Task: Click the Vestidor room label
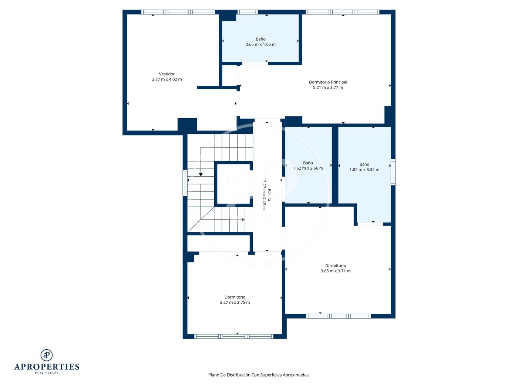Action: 166,74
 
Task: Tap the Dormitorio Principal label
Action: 328,82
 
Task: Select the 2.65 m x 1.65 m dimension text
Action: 260,44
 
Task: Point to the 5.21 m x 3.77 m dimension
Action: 328,88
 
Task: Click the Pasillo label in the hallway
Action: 269,195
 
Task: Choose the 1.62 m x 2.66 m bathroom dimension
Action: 308,168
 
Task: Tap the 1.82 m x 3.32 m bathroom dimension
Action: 364,170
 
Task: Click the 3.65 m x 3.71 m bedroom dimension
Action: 335,271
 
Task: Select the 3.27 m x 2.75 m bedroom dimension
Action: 235,302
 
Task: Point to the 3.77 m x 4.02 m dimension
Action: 166,79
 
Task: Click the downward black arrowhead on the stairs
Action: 201,174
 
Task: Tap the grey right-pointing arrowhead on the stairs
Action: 243,219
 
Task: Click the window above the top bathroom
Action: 247,12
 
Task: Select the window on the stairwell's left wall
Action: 185,183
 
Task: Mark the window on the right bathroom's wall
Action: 393,172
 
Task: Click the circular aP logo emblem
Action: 47,355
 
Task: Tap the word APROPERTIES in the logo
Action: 47,367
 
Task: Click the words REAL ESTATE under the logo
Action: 47,373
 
